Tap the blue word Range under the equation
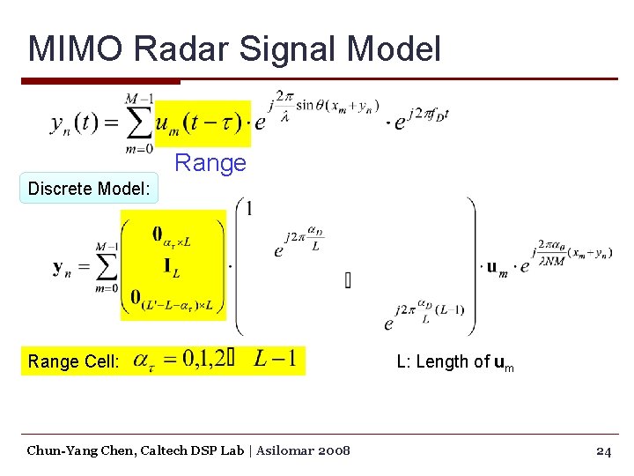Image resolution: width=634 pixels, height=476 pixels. point(210,163)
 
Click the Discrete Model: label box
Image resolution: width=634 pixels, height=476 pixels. point(89,189)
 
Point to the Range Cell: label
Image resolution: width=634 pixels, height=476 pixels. point(74,361)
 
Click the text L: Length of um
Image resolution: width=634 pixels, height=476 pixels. point(454,361)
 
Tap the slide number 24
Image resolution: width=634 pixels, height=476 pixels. point(603,450)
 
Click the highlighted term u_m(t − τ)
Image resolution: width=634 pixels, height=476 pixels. point(203,122)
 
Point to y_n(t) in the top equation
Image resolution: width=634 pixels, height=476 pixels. point(73,123)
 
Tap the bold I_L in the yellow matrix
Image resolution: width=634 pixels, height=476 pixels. point(170,267)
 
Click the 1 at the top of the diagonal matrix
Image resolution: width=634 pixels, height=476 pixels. point(250,208)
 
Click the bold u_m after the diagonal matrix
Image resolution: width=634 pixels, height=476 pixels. point(498,267)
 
